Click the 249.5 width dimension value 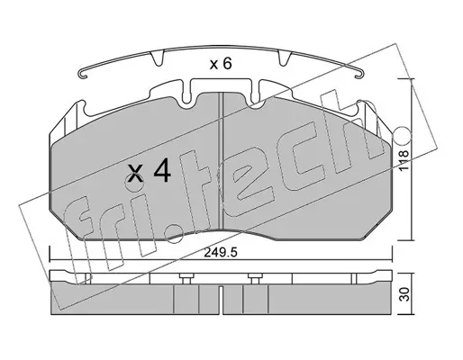coord(221,253)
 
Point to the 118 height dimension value coord(404,160)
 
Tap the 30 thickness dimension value coord(404,294)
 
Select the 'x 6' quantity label coord(221,64)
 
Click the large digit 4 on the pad coord(162,170)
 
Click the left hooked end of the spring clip coord(82,75)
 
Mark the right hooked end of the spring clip coord(359,74)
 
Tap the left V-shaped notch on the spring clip coord(157,58)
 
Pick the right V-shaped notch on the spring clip coord(285,58)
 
